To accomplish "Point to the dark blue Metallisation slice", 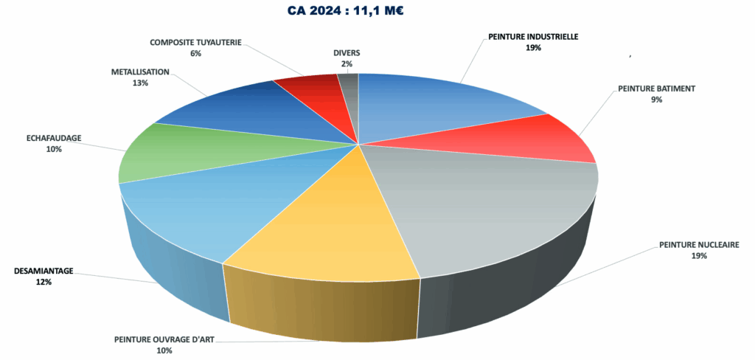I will [236, 111].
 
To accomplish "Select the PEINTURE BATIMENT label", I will [656, 89].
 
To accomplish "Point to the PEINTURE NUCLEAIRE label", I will [699, 245].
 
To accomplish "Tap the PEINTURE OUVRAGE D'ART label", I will [164, 340].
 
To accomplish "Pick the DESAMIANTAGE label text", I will [44, 271].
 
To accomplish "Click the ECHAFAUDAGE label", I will [53, 137].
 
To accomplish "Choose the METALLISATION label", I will [140, 72].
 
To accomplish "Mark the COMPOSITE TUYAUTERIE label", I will [195, 42].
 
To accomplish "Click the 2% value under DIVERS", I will [347, 64].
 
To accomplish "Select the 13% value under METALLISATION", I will [140, 83].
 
